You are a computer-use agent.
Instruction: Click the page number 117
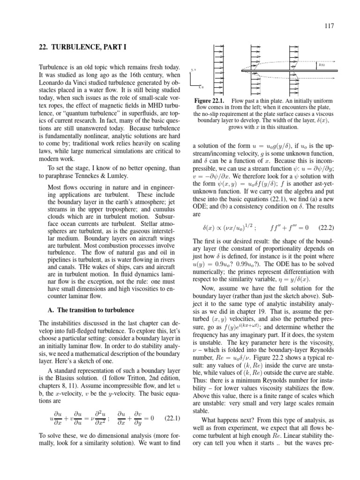click(x=329, y=26)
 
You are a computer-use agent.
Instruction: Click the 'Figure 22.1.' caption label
click(x=208, y=101)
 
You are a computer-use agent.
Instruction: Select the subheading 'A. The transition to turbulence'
click(x=85, y=310)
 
